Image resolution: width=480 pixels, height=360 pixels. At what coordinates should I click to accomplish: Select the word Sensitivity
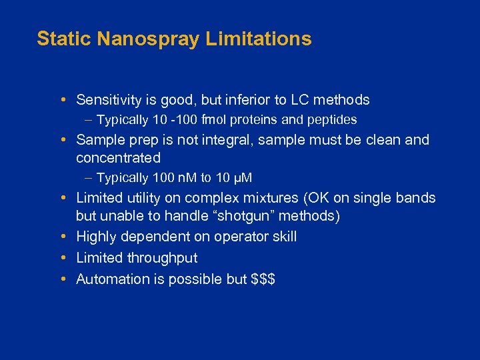tap(109, 100)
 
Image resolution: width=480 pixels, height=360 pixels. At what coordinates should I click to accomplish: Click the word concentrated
tap(119, 158)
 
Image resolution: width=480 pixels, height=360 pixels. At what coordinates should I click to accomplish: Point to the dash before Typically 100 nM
tap(89, 178)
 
